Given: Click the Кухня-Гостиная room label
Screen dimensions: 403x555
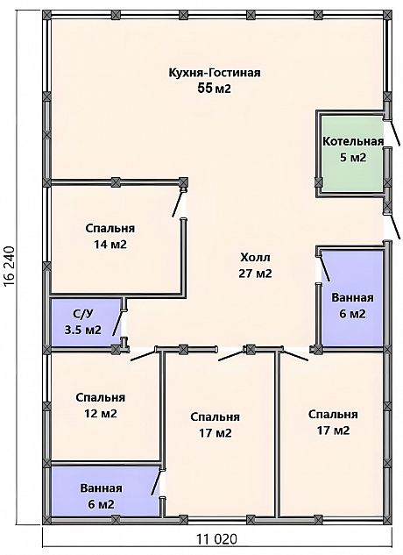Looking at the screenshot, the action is (215, 73).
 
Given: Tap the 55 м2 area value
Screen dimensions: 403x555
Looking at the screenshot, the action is (215, 89).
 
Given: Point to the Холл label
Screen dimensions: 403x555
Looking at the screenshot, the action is (255, 257).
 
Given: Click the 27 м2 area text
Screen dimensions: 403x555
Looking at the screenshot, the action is (255, 274).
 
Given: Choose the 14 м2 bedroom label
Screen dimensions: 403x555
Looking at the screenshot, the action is (110, 245).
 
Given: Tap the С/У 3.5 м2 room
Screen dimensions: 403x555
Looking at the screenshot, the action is (85, 322).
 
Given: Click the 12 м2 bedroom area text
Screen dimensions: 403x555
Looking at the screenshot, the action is (100, 414).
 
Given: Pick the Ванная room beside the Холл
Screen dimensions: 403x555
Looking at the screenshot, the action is (352, 298).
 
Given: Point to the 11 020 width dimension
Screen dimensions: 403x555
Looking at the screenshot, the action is (216, 539).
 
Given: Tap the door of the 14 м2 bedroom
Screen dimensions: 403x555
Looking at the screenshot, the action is (177, 203).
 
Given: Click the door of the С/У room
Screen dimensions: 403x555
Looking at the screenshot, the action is (117, 324).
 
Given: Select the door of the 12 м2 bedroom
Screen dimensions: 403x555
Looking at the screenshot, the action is (144, 355).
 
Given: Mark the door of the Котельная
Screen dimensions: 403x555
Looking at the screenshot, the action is (392, 132).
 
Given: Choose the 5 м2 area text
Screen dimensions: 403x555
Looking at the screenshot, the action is (353, 158).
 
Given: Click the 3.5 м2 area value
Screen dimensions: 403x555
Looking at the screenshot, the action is (83, 330).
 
